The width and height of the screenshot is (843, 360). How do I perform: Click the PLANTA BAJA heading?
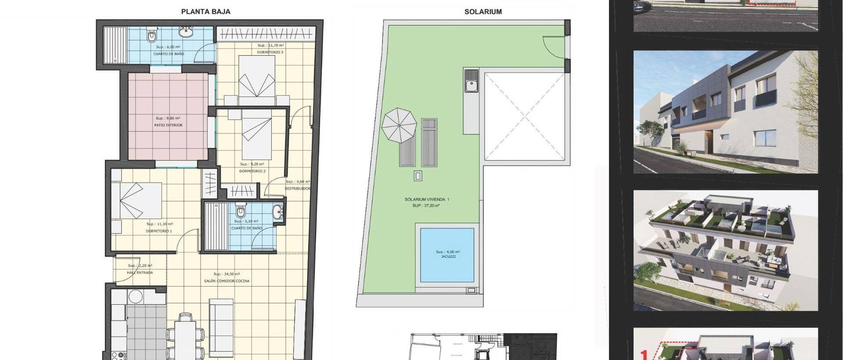coord(205,12)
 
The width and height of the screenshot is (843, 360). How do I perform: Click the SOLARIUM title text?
coord(483,12)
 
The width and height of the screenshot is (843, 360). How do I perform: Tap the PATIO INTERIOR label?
coord(168,125)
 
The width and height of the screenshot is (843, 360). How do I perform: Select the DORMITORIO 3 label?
coord(270,52)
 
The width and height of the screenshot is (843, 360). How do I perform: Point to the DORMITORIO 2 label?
coord(252,171)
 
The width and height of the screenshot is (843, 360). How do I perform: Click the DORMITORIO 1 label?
coord(159,231)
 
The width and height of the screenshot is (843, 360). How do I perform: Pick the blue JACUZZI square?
coord(447,255)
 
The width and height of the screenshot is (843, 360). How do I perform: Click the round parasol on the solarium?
coord(399,126)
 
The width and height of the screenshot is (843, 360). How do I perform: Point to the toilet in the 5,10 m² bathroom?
coord(240,212)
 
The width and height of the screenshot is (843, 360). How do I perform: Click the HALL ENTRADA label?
coord(140,273)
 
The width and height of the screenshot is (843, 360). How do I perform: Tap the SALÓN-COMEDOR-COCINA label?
coord(227,281)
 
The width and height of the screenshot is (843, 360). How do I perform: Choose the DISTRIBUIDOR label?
coord(298,189)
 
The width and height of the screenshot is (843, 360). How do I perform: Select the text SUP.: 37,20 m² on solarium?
coord(425,205)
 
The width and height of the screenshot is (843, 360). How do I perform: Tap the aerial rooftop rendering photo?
coord(725,250)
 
